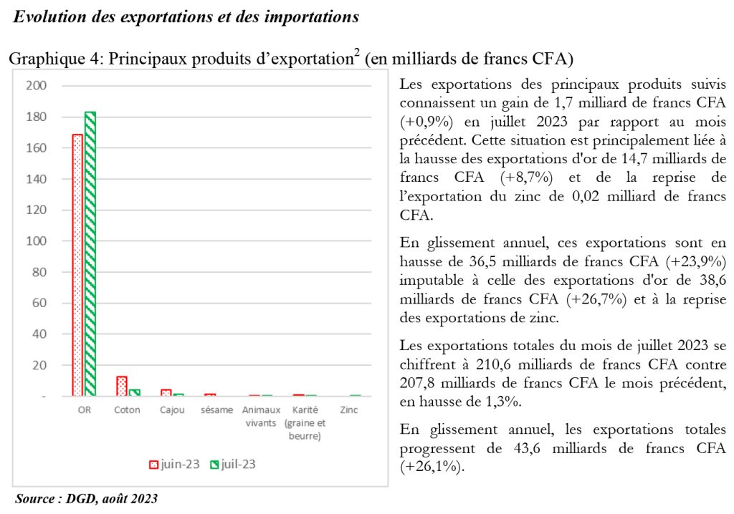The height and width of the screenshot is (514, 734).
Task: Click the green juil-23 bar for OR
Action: click(90, 254)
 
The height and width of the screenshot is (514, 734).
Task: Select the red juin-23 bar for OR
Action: click(77, 265)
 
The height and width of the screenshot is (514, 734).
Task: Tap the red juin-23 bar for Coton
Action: click(122, 387)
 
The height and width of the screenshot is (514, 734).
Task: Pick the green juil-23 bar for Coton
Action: click(134, 393)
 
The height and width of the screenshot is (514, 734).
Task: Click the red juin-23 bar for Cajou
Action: click(166, 393)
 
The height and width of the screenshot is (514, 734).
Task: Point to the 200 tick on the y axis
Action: click(36, 86)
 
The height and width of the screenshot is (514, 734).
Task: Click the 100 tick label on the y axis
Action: click(36, 241)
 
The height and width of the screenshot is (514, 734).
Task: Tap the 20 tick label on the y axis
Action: click(39, 365)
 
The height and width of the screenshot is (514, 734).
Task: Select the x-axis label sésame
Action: click(216, 409)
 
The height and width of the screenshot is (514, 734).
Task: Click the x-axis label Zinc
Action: click(349, 409)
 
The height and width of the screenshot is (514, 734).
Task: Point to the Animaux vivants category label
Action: click(261, 416)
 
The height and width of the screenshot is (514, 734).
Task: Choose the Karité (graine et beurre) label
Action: click(305, 423)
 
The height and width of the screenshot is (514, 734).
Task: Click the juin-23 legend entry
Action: click(174, 465)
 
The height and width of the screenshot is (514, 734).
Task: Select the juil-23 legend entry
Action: click(233, 465)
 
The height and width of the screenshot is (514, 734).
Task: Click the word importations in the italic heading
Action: click(312, 17)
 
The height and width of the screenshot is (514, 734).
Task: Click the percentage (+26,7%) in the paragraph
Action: click(596, 299)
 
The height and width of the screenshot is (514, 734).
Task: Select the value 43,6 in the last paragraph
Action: click(527, 449)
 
